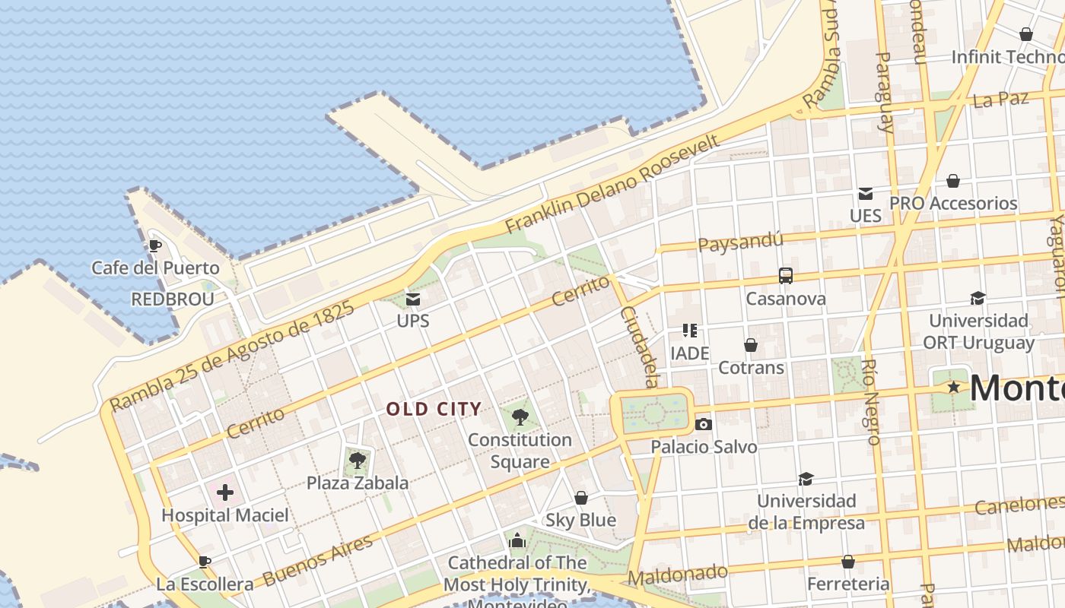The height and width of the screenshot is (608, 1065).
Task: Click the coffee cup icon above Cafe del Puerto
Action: (155, 245)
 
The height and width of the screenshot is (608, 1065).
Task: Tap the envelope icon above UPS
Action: (413, 299)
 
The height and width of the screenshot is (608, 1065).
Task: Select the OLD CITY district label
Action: (434, 409)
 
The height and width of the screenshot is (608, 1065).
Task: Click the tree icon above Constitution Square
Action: (520, 416)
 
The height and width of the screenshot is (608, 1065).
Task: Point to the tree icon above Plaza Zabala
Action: (357, 459)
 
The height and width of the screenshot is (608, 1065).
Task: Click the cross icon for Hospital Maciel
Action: (225, 492)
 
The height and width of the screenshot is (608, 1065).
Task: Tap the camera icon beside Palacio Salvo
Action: (704, 424)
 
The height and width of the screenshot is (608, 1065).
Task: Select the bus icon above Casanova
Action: (786, 276)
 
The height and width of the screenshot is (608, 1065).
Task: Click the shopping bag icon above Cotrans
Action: (751, 345)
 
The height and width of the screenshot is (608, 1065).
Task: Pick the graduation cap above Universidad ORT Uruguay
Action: (978, 298)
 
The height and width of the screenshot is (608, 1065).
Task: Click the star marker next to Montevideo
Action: (953, 388)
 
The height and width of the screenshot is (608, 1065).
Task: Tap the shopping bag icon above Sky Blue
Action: (581, 498)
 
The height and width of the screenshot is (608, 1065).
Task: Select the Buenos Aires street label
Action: (319, 561)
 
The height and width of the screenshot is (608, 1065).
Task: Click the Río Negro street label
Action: (872, 401)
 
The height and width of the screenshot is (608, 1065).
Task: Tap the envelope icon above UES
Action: (866, 194)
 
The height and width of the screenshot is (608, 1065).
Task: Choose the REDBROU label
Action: (173, 299)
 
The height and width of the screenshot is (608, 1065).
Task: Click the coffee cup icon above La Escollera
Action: (204, 562)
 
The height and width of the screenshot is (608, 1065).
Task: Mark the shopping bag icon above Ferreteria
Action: (848, 562)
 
